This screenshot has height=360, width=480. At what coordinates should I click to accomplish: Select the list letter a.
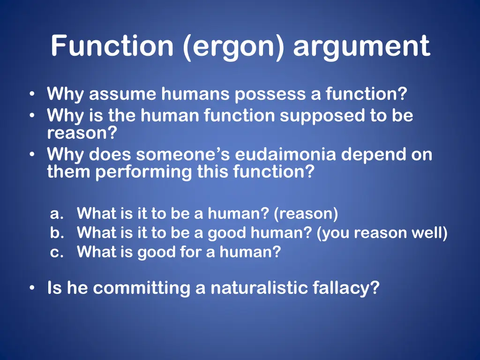tap(56, 214)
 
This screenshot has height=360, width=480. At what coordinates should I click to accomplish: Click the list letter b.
tap(56, 233)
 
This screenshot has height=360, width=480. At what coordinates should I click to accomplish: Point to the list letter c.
tap(56, 253)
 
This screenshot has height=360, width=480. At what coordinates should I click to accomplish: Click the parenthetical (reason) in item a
tap(306, 214)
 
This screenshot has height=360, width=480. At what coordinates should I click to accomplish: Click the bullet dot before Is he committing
tap(31, 288)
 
